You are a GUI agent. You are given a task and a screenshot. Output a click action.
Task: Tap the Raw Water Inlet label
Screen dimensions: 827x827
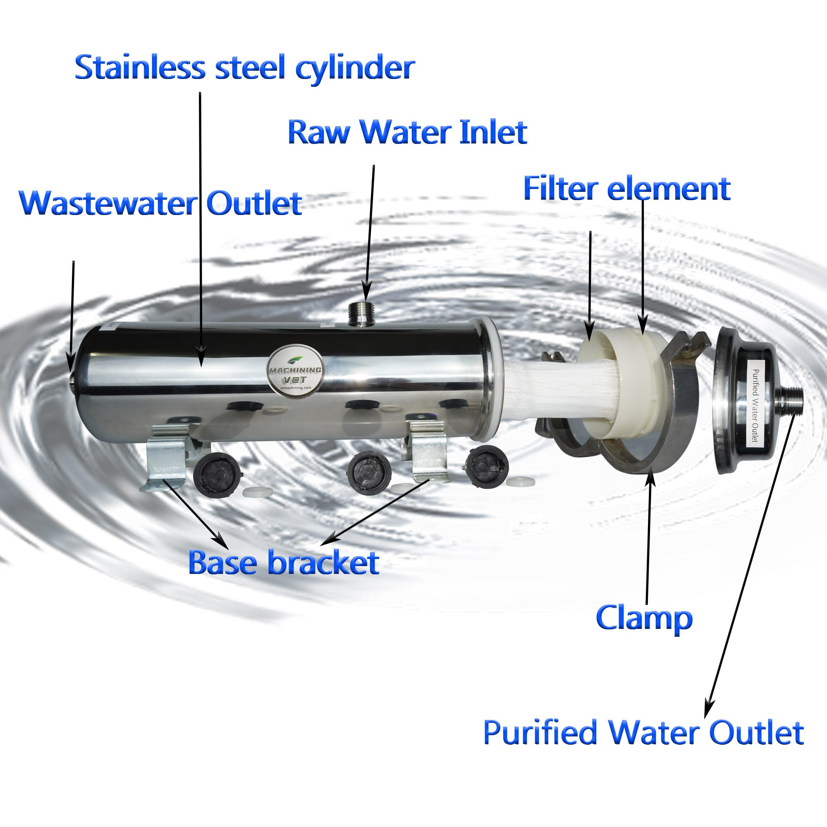pyautogui.click(x=407, y=132)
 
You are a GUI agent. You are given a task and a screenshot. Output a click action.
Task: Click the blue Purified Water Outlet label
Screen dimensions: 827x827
pyautogui.click(x=643, y=732)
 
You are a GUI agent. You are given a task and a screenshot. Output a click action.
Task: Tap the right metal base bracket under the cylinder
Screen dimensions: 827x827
pyautogui.click(x=428, y=453)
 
